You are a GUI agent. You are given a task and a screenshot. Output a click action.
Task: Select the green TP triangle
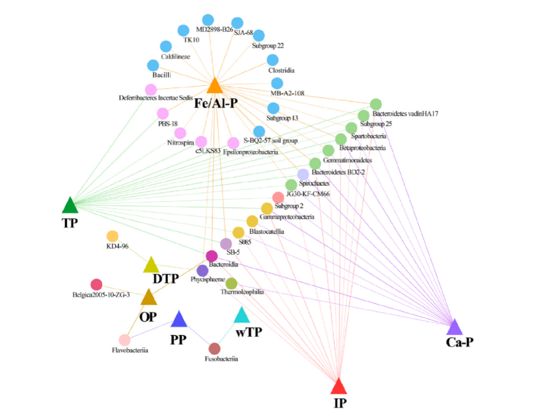point(70,205)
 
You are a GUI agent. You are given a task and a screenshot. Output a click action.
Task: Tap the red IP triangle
point(339,385)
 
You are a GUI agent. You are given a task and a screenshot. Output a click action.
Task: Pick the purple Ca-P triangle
point(454,327)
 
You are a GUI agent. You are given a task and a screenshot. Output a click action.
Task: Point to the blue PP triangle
point(178,320)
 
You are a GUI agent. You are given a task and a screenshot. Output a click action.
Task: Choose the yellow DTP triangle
point(150,266)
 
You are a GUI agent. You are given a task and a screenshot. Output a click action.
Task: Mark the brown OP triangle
point(148,297)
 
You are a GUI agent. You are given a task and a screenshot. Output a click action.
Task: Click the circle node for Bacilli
point(153,65)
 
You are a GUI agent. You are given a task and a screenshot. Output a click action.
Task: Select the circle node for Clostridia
point(273,60)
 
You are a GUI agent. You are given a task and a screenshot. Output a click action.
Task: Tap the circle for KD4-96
point(112,236)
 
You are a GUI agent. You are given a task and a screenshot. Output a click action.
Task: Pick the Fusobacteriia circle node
point(214,348)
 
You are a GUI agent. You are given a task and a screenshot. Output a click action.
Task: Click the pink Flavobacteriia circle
point(125,340)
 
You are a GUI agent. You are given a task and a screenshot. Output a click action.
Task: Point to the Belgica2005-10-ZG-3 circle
point(96,284)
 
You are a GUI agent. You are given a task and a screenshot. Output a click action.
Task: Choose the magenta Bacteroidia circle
point(212,256)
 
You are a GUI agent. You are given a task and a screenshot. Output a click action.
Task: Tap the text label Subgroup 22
point(267,46)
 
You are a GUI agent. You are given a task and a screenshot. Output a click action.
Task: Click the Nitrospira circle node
point(180,133)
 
